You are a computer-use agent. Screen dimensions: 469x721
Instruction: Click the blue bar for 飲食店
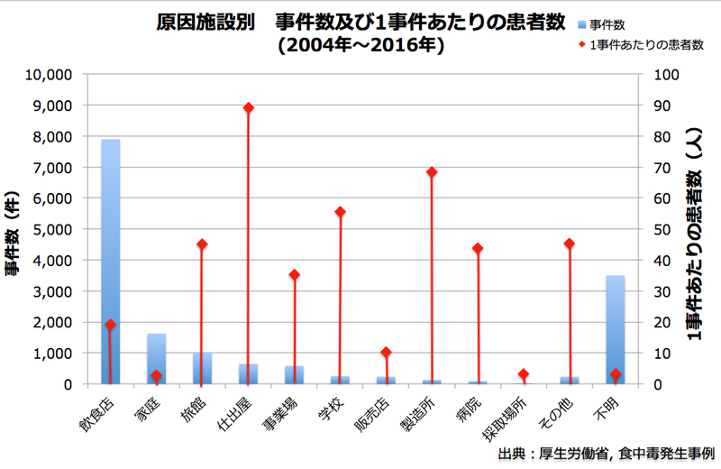tap(110, 262)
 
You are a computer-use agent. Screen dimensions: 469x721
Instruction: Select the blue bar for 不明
tap(616, 329)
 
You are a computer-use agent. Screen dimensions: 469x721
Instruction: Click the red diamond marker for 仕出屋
tap(248, 107)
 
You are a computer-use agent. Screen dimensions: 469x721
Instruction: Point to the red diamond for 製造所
tap(432, 171)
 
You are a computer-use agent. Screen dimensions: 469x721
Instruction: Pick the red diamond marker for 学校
tap(340, 212)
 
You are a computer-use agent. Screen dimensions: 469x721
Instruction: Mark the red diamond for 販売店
tap(386, 352)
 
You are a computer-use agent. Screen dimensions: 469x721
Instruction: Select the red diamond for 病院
tap(478, 248)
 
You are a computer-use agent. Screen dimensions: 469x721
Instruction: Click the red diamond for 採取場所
tap(524, 374)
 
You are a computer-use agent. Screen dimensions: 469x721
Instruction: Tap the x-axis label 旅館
tap(194, 410)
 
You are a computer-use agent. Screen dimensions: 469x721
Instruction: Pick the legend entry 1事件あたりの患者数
tap(640, 43)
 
